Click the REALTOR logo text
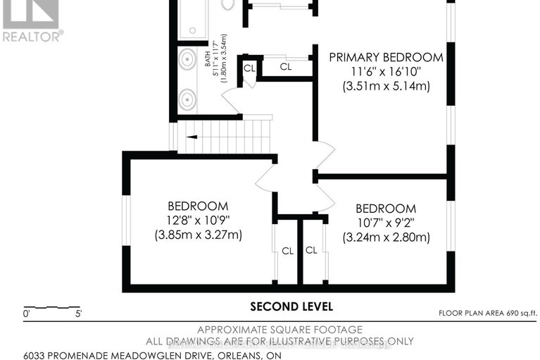[x=32, y=35]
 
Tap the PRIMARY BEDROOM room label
[x=387, y=57]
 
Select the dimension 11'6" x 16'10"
[x=386, y=72]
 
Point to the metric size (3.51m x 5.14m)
[x=386, y=87]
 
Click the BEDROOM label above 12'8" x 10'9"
[x=198, y=206]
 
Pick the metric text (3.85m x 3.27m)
[x=198, y=235]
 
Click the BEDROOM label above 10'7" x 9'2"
[x=385, y=209]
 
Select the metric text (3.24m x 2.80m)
[x=386, y=237]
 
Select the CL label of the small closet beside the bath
[x=249, y=68]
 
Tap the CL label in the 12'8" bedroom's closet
[x=287, y=251]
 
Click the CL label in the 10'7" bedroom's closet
[x=311, y=251]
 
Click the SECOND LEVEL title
[x=292, y=306]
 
